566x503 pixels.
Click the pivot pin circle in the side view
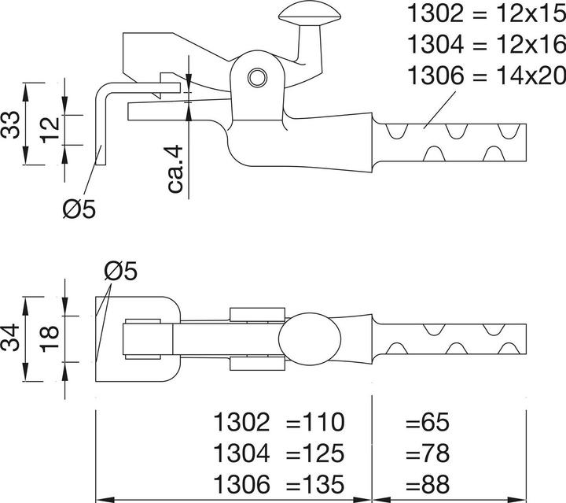point(255,77)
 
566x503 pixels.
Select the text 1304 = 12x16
point(484,44)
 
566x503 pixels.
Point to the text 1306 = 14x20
point(484,76)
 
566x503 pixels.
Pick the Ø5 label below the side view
point(79,209)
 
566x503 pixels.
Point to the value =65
point(427,423)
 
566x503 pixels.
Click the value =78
point(427,453)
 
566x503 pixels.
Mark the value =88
point(427,482)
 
